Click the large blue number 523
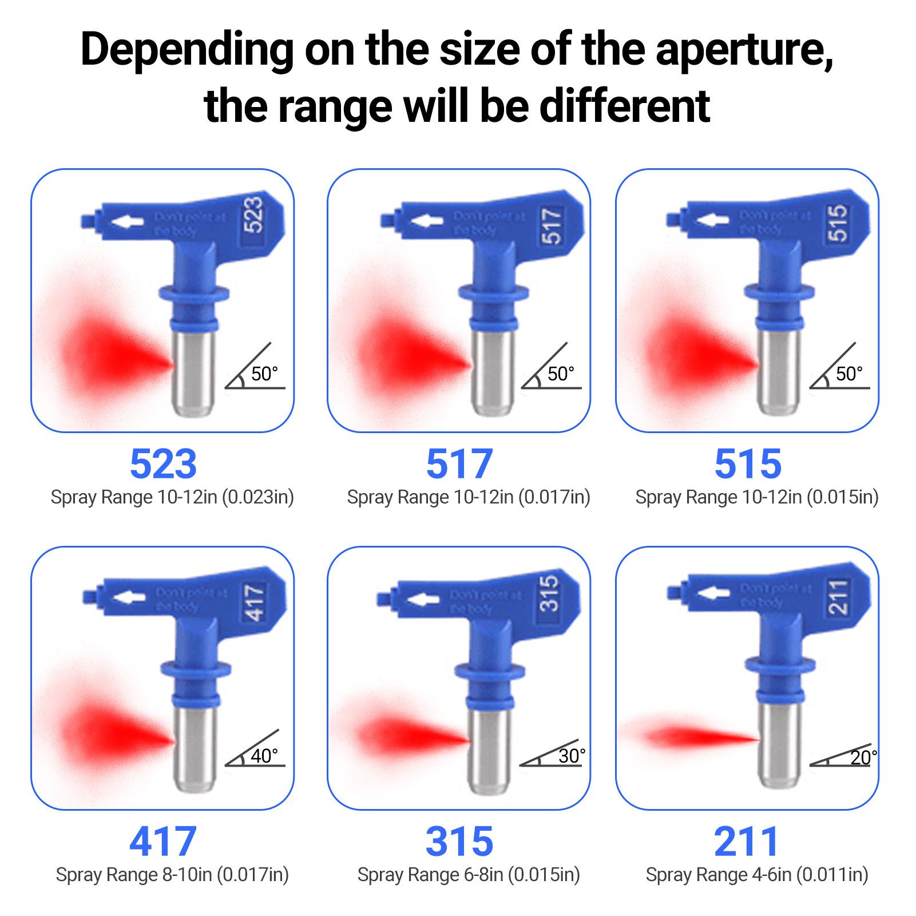click(x=163, y=463)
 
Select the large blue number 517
click(x=459, y=463)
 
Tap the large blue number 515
click(x=748, y=463)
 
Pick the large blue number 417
click(x=163, y=841)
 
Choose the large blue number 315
click(x=459, y=841)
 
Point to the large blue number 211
click(x=747, y=841)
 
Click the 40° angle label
click(x=264, y=756)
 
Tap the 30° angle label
click(x=572, y=756)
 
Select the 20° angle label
click(x=863, y=758)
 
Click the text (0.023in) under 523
click(x=257, y=497)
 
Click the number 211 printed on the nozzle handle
click(x=837, y=597)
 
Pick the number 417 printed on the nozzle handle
click(x=255, y=601)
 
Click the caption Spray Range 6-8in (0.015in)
click(x=469, y=875)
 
